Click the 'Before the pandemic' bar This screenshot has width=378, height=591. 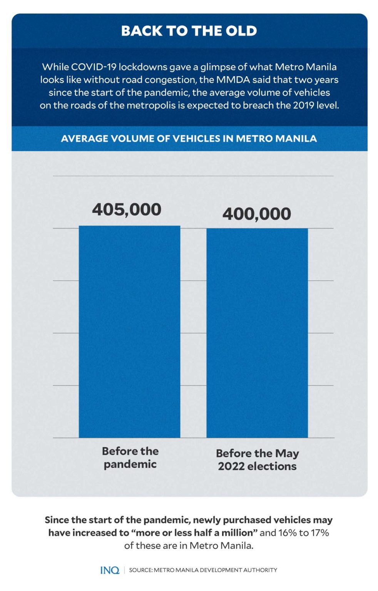pyautogui.click(x=129, y=332)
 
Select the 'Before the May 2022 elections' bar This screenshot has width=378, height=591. pyautogui.click(x=257, y=333)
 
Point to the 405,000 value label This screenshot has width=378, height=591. pyautogui.click(x=127, y=210)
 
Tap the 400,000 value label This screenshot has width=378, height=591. pyautogui.click(x=257, y=214)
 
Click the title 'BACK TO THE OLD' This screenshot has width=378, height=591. pyautogui.click(x=189, y=31)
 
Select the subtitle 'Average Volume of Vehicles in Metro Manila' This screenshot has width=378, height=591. pyautogui.click(x=189, y=139)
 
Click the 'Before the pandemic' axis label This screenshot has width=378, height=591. pyautogui.click(x=130, y=457)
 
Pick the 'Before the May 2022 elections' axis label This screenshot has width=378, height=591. pyautogui.click(x=257, y=460)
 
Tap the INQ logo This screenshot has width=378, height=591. pyautogui.click(x=110, y=570)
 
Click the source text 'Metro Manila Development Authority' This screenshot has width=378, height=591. pyautogui.click(x=215, y=570)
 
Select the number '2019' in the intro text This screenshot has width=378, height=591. pyautogui.click(x=304, y=105)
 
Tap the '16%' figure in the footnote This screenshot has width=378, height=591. pyautogui.click(x=287, y=533)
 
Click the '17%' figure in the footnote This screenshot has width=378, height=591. pyautogui.click(x=319, y=533)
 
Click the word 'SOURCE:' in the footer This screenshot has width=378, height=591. pyautogui.click(x=140, y=570)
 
